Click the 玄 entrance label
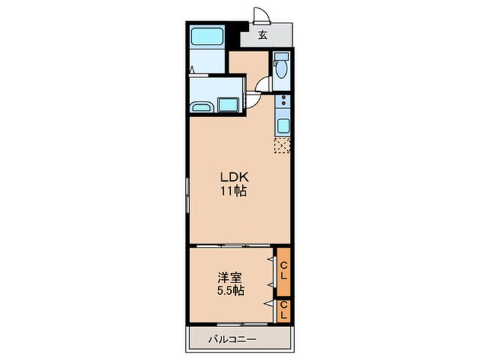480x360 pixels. (263, 36)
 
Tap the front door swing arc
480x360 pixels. (261, 16)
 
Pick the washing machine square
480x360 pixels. (227, 105)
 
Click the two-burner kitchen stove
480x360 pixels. (282, 103)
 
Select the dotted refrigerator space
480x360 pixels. (282, 145)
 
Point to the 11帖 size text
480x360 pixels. (231, 191)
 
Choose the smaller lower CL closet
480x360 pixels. (283, 311)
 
